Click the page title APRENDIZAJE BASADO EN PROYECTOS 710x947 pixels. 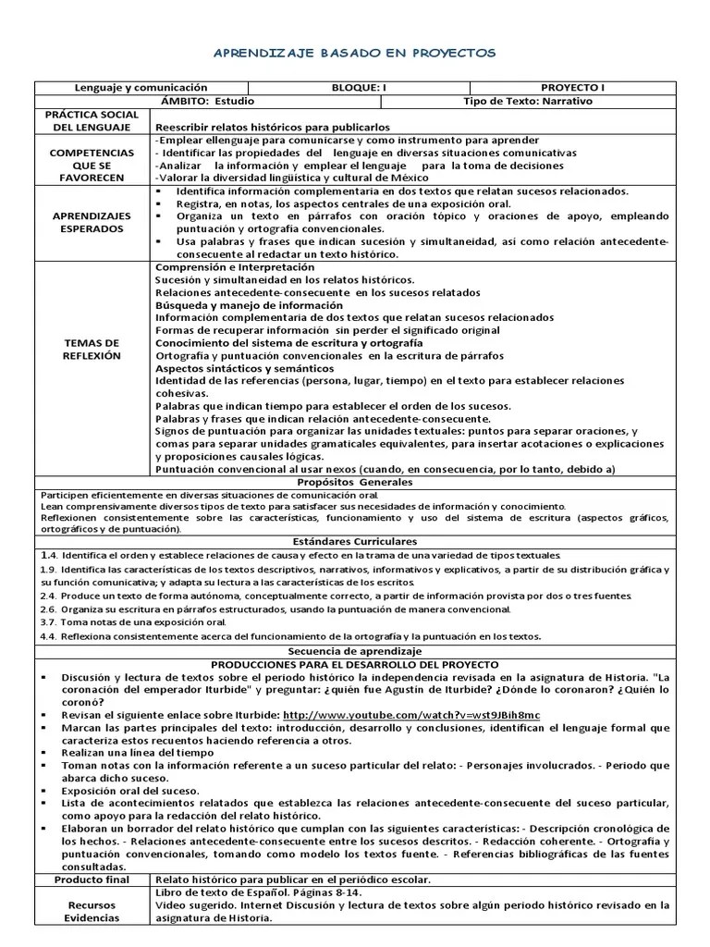353,53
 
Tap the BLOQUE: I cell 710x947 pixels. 359,88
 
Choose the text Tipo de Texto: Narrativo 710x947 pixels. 527,101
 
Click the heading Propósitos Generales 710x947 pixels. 354,482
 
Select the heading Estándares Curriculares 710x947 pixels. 354,540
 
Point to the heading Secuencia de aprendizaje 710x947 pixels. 354,651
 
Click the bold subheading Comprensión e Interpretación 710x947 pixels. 222,266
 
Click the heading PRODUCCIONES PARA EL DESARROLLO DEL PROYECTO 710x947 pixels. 354,664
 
